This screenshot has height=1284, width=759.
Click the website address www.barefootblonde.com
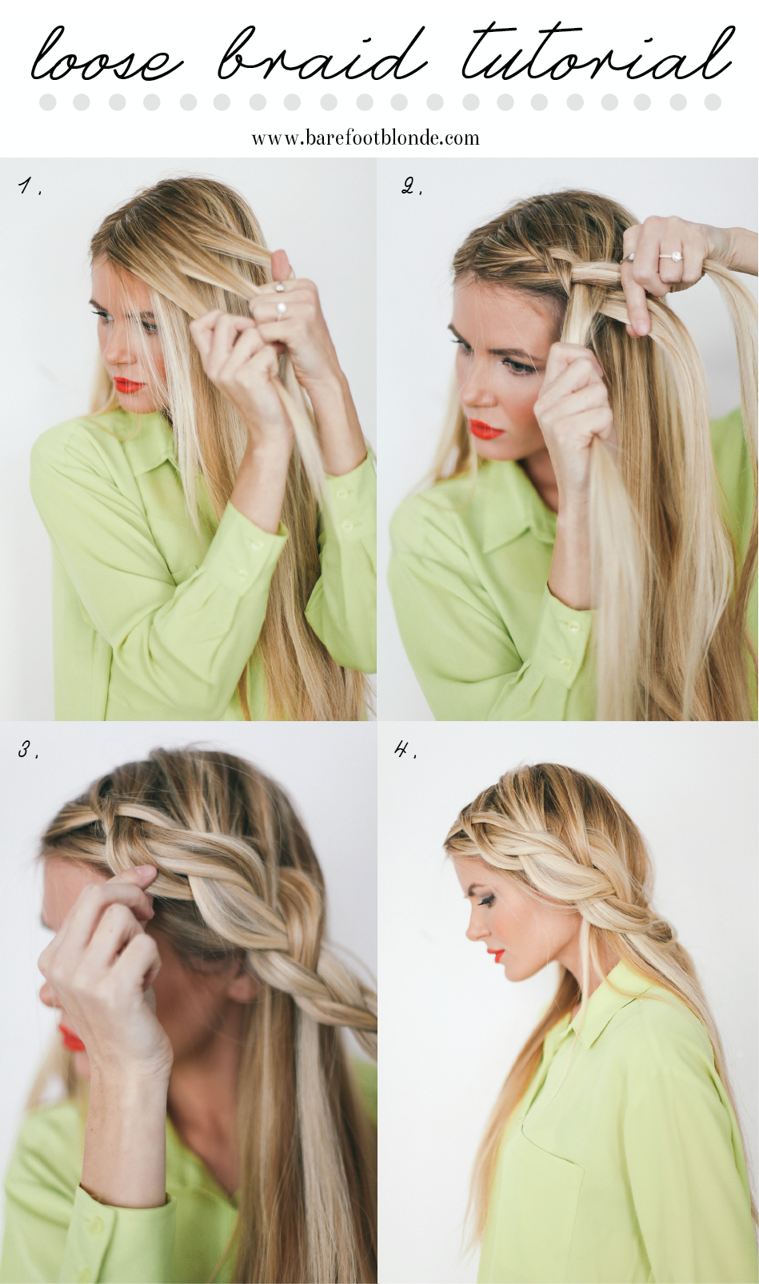click(x=366, y=138)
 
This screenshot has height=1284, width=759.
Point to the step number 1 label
click(x=29, y=187)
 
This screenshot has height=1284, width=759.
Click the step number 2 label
click(x=411, y=187)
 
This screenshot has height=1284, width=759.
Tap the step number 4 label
click(x=405, y=749)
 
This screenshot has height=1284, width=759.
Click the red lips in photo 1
click(x=129, y=385)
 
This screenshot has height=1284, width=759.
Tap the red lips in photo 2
click(x=485, y=431)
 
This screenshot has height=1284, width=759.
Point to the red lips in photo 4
click(x=497, y=955)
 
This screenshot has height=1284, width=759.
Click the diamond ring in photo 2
click(x=670, y=257)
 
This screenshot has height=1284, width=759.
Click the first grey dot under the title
click(x=48, y=102)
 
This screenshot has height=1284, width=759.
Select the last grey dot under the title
click(x=713, y=102)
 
